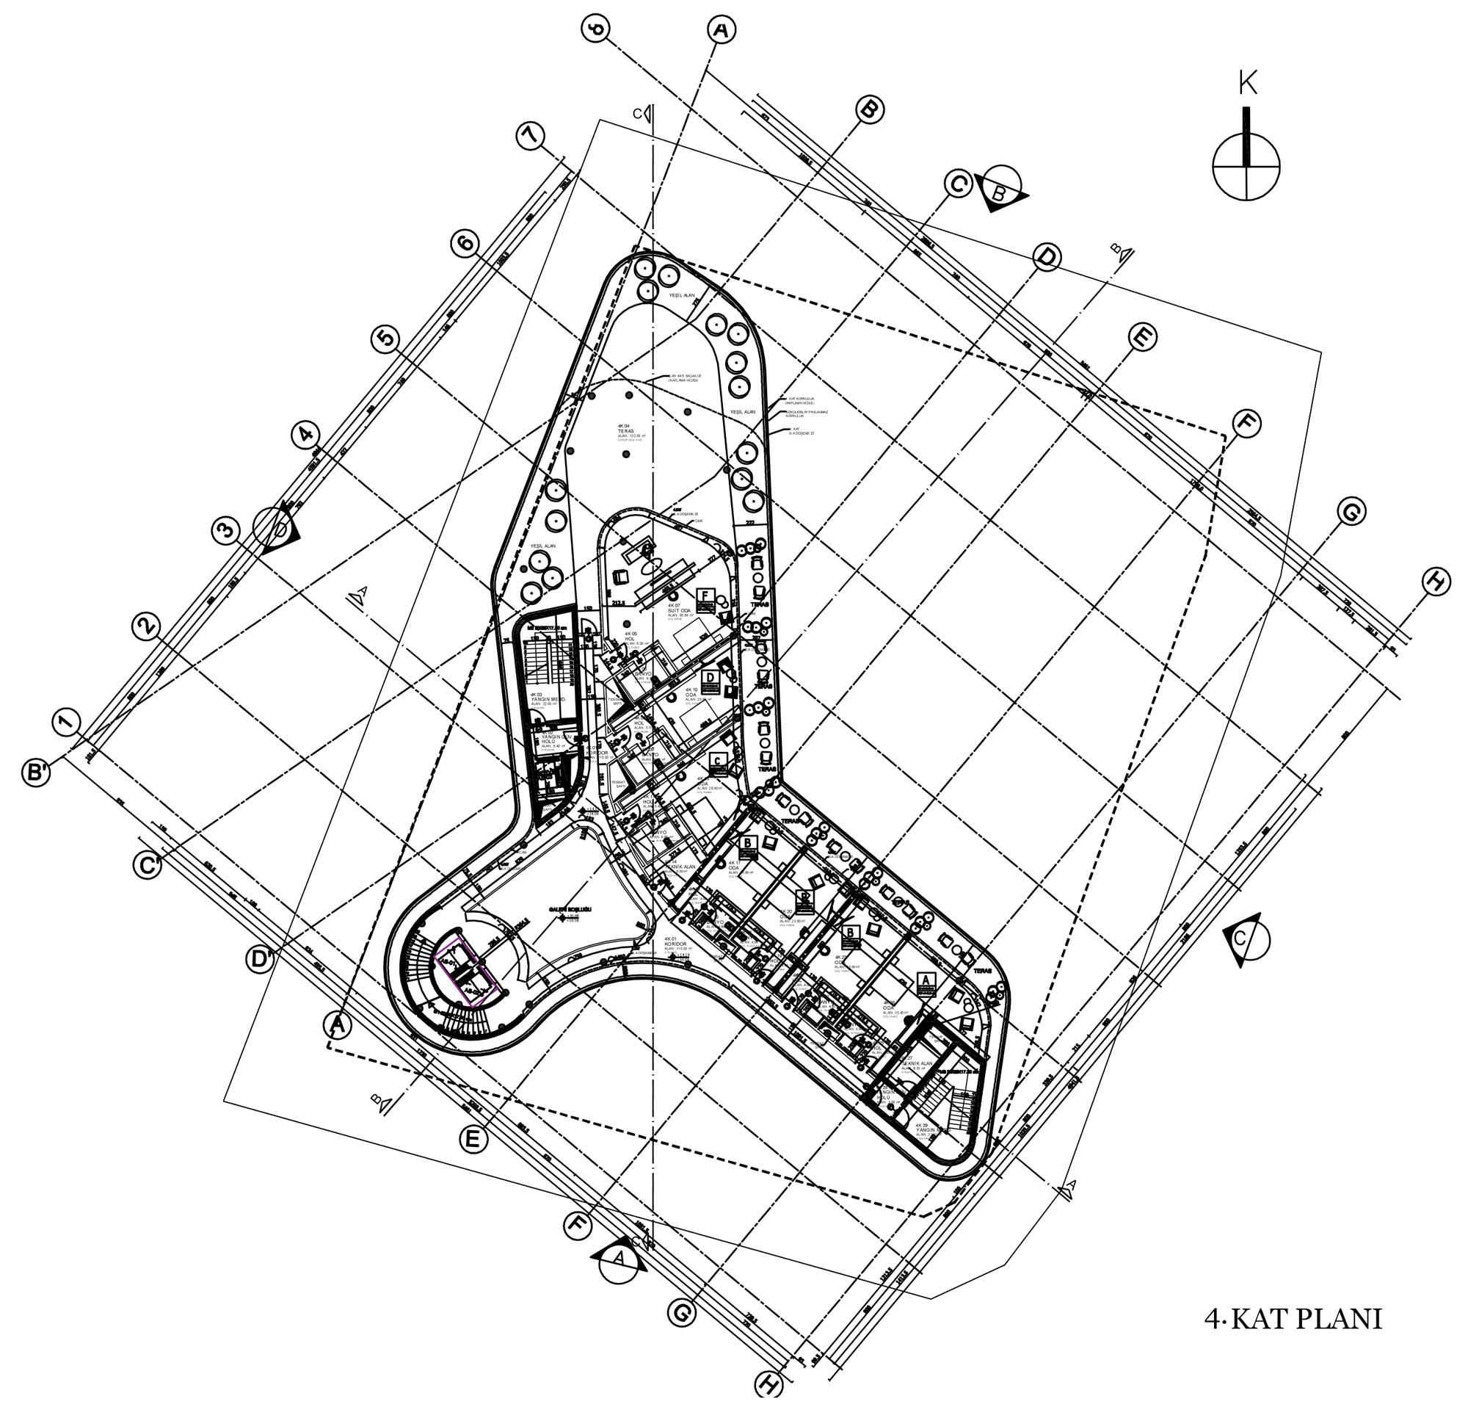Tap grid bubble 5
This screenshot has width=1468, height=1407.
tap(385, 339)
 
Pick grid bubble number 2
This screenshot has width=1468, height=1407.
tap(146, 626)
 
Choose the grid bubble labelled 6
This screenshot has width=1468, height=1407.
tap(465, 243)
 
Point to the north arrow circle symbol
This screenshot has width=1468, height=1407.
tap(1246, 166)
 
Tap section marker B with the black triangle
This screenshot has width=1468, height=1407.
tap(1001, 189)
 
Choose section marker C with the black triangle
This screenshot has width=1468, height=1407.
tap(1247, 938)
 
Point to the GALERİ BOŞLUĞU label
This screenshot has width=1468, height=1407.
tap(571, 908)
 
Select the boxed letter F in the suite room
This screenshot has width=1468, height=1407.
tap(705, 598)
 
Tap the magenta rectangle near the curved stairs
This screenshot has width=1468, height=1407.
tap(468, 972)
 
